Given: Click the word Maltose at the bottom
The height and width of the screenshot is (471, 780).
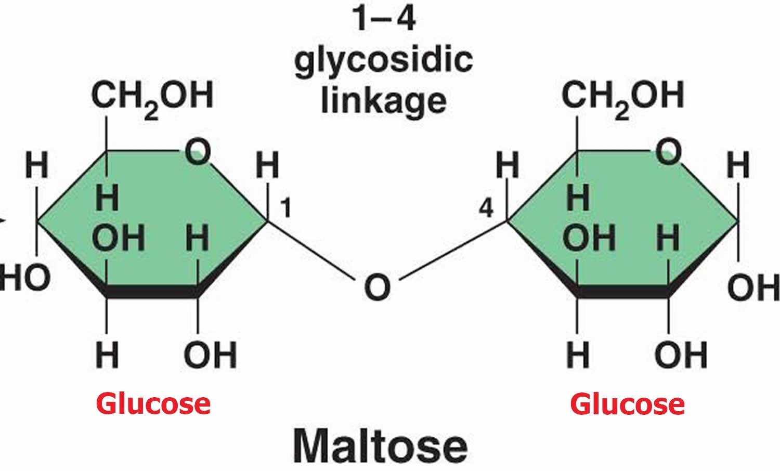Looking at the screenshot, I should [380, 446].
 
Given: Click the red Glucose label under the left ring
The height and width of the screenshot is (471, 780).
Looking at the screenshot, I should [153, 404].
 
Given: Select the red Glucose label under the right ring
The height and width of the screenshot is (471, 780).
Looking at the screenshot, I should [627, 404].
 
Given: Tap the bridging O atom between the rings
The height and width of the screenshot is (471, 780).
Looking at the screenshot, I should [377, 287].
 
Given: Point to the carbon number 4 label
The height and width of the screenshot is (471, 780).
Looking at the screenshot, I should [486, 209].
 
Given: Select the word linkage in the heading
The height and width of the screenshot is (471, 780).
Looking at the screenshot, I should [384, 100].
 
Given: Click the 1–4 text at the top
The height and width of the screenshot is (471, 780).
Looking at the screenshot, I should [384, 20].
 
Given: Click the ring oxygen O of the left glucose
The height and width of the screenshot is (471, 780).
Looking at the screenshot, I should [198, 152].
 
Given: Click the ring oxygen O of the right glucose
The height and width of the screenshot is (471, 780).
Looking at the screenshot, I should [668, 152].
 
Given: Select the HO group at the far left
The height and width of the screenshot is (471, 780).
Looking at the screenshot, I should [25, 278].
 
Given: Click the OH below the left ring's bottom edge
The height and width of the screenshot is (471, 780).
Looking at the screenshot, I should [210, 355].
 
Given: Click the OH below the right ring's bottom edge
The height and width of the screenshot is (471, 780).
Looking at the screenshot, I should [681, 355].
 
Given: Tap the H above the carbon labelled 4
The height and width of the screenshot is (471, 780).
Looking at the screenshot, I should [508, 166].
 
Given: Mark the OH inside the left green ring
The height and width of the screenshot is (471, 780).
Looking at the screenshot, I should [118, 239].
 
